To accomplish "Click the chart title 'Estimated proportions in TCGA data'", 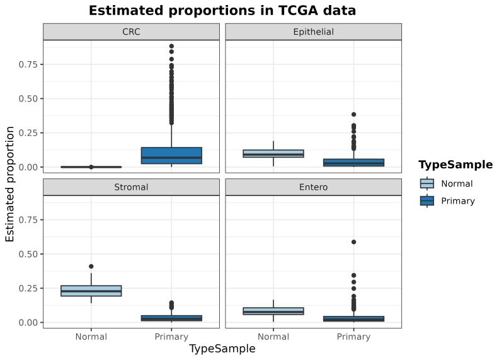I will coord(222,11).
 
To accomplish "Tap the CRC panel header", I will coord(131,32).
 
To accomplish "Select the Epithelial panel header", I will coord(313,32).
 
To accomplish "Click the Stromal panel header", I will coord(131,187).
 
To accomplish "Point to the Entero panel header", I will coord(313,187).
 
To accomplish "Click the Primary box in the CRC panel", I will coord(171,156).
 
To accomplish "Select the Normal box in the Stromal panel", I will coord(91,291).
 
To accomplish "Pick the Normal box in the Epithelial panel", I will coord(273,153).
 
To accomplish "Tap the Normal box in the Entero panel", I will coord(273,311).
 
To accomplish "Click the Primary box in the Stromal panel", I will coord(171,318).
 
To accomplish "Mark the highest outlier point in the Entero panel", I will coord(353,242).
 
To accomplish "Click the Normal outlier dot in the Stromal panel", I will coord(91,266).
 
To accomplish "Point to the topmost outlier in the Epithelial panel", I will coord(353,115).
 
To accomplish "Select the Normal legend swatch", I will coord(427,184).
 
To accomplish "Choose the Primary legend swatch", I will coord(427,201).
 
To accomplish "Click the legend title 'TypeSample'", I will coord(455,165).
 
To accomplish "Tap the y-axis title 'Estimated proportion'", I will coord(10,183).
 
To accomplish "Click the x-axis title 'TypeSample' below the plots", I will coord(222,349).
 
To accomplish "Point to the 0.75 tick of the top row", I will coord(28,64).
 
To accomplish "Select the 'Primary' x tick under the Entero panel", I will coord(353,337).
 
